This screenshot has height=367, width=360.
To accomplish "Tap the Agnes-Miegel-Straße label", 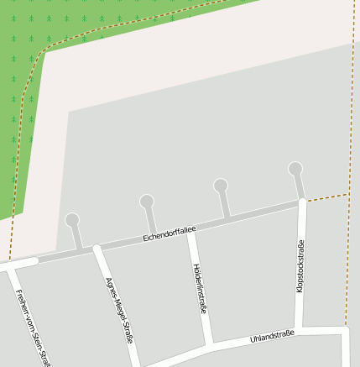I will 118,311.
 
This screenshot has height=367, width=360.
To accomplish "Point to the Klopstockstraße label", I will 300,266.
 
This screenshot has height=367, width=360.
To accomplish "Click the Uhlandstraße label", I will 272,337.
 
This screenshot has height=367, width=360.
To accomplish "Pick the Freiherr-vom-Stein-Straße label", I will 34,328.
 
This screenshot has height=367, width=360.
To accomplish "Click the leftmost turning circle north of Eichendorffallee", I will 72,220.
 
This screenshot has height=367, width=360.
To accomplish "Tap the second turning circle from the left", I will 147,202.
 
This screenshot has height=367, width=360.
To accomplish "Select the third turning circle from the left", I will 221,186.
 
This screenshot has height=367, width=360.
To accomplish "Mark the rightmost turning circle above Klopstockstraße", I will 295,169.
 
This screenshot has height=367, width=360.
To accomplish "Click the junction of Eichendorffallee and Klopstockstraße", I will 301,203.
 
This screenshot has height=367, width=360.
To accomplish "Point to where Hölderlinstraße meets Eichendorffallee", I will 191,231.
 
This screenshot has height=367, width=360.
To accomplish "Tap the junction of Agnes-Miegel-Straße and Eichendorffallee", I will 97,249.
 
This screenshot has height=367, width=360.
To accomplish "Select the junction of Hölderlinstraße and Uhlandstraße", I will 210,345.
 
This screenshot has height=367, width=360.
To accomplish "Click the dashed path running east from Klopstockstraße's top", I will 326,198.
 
